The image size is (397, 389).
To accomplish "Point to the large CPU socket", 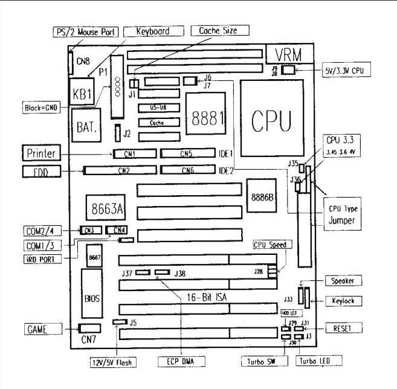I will click(x=270, y=117).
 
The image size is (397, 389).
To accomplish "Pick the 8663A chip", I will click(x=105, y=209).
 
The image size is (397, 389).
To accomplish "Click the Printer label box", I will click(x=40, y=153).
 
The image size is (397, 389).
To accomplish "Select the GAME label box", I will click(x=39, y=329).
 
